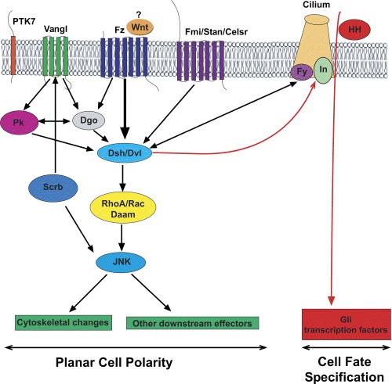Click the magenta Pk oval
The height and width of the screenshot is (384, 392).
coord(20,122)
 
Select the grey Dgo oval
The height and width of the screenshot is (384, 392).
coord(89,120)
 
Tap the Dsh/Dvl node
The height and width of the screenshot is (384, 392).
coord(125,153)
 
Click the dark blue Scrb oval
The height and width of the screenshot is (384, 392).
coord(53,188)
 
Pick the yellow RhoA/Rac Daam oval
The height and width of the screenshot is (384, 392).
coord(123,208)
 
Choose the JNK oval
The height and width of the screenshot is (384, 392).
coord(121,262)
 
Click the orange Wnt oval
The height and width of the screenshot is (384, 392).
coord(140,27)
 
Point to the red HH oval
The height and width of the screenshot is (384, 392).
coord(354,30)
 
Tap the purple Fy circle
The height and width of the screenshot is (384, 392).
coord(302,72)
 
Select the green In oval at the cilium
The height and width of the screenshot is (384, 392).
coord(323,70)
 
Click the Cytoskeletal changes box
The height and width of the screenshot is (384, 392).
coord(64,323)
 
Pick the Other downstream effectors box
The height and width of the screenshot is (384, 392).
coord(192,323)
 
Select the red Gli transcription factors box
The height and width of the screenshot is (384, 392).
coord(347,325)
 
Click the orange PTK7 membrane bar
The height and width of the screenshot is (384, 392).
coord(13,56)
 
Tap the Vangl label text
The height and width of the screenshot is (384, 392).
coord(56,29)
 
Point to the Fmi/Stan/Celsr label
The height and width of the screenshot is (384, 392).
coord(216,32)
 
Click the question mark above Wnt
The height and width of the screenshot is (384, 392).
coord(139,16)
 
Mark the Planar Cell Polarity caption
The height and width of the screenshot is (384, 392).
coord(114,363)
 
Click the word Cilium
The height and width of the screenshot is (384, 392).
coord(316,5)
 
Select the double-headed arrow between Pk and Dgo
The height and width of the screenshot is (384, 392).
coord(55,121)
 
